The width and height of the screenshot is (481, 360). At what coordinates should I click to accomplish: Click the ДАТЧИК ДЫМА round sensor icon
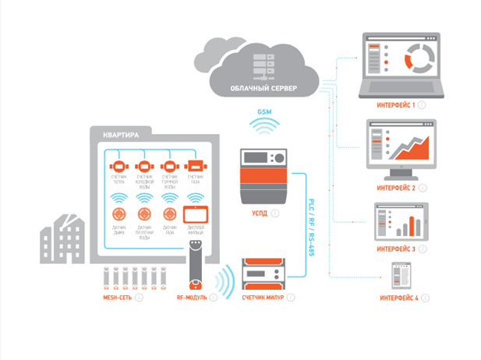click(x=118, y=213)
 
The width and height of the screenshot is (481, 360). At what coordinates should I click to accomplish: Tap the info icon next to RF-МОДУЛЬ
click(x=213, y=297)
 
